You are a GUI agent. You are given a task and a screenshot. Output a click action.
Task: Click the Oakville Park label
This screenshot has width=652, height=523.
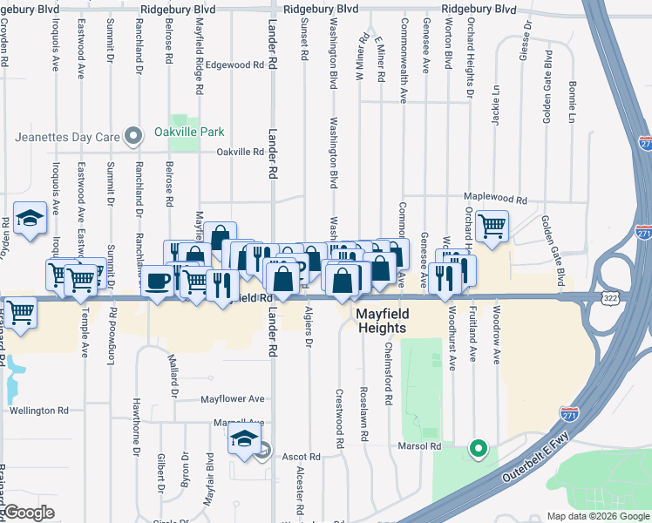[189, 132]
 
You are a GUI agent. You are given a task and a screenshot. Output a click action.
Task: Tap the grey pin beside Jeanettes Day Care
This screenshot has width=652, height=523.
[132, 136]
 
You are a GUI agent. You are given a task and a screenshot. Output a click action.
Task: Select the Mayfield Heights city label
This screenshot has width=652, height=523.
[381, 319]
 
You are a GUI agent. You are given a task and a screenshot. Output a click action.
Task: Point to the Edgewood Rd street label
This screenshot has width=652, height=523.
[234, 65]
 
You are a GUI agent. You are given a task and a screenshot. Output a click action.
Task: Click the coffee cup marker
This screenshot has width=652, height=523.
[158, 282]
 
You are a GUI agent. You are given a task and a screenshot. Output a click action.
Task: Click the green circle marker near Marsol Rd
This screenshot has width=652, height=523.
[478, 450]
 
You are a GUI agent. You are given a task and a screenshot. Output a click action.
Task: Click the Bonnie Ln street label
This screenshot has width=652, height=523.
[572, 102]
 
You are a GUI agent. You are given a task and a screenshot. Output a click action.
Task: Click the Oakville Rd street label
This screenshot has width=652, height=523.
[241, 152]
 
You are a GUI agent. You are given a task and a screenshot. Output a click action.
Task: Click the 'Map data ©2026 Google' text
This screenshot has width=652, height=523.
[598, 516]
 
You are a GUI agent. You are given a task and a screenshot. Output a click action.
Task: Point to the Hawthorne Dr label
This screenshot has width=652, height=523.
[137, 426]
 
